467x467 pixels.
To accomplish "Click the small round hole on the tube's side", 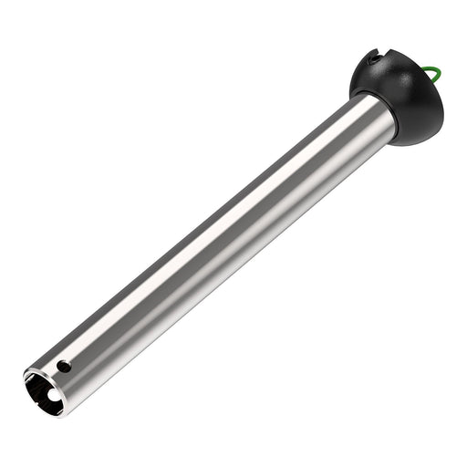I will coord(63,367).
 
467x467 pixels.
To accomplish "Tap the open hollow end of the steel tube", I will coord(45,389).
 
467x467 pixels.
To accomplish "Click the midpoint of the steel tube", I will coord(214,246).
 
